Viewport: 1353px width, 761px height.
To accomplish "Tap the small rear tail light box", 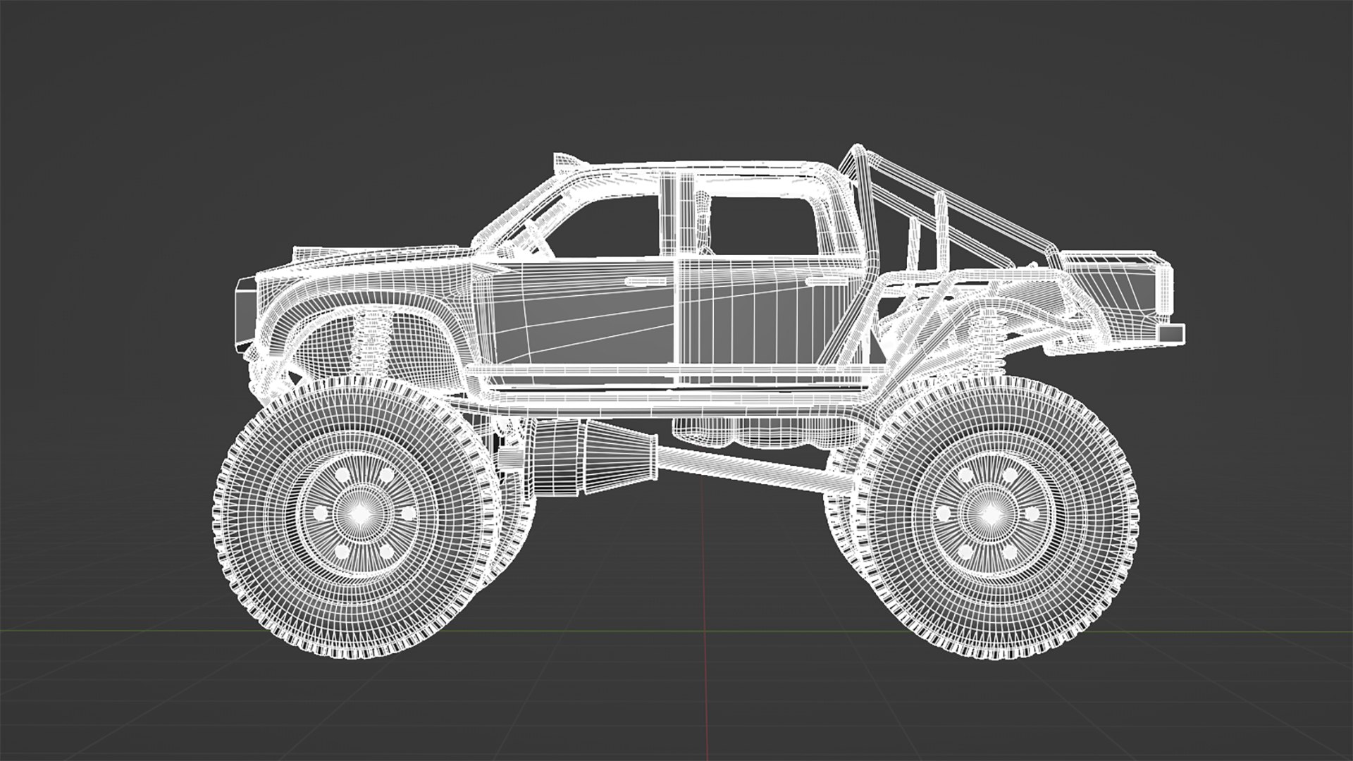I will [x=1172, y=333].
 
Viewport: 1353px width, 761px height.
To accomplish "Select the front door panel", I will [x=585, y=317].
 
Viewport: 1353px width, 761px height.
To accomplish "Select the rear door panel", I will [x=768, y=317].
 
